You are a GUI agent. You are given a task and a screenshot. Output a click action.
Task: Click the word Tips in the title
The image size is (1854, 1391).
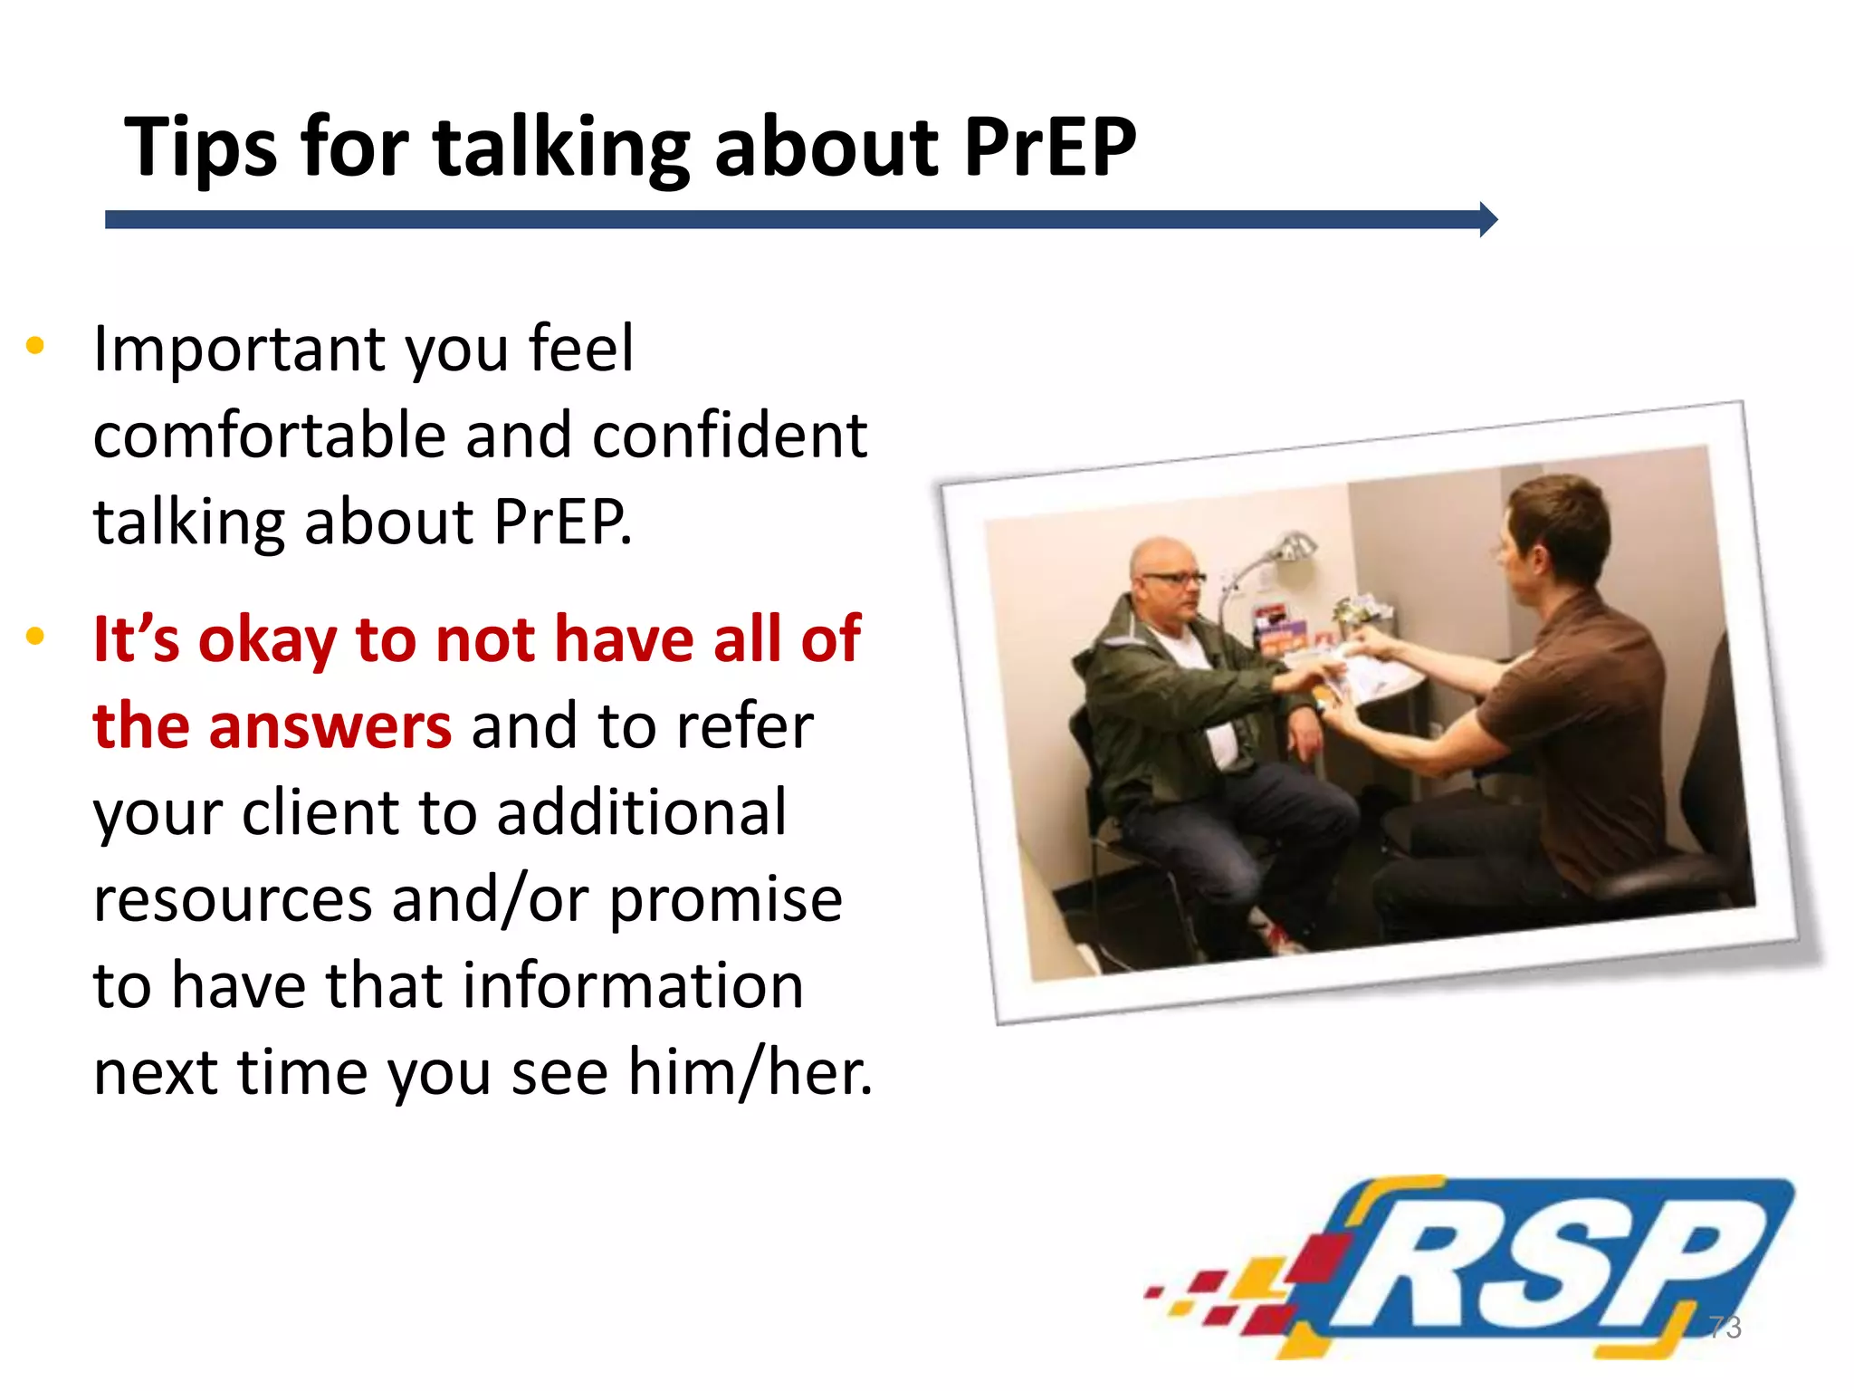pos(200,148)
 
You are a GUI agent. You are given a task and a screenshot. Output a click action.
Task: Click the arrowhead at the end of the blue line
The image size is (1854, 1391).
pos(1487,220)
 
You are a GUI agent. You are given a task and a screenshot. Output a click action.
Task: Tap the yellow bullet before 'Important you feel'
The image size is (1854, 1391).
pos(35,346)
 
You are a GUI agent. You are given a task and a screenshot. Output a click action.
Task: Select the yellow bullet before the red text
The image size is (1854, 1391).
pos(35,637)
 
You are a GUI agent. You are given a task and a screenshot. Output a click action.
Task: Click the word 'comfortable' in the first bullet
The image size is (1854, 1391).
pos(269,436)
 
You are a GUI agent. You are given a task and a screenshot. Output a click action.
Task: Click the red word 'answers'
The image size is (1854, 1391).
pos(330,727)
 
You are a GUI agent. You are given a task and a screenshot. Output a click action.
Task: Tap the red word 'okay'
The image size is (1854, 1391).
pos(268,639)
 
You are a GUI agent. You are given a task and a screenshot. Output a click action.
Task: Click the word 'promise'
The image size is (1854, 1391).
pos(725,902)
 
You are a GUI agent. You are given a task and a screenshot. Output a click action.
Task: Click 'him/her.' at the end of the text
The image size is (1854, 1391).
pos(750,1072)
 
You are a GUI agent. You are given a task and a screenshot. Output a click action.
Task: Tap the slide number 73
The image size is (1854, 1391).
pos(1725,1328)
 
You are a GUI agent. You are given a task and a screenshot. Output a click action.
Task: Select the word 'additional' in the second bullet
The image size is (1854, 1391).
pos(642,812)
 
